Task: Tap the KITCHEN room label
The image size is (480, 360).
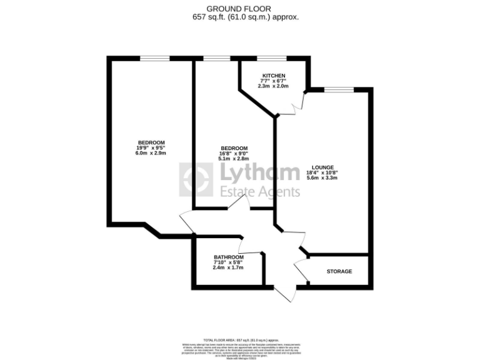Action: [274, 76]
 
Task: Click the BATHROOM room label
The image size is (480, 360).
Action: [228, 257]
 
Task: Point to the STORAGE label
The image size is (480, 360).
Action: [339, 271]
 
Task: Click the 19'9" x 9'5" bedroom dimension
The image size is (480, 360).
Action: [151, 147]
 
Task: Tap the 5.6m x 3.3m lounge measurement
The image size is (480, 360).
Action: [322, 178]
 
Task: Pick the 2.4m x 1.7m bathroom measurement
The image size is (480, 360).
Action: [228, 267]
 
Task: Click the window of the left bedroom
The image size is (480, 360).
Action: [154, 59]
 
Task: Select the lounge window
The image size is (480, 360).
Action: [339, 90]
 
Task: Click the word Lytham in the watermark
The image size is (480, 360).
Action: [259, 173]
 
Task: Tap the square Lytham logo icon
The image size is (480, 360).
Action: [196, 180]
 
